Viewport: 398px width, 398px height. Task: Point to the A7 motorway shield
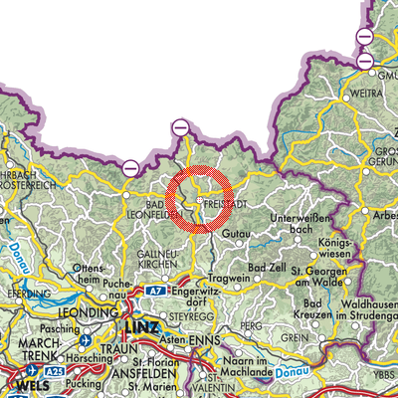(x=155, y=292)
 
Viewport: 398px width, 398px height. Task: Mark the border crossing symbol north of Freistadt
(x=179, y=127)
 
